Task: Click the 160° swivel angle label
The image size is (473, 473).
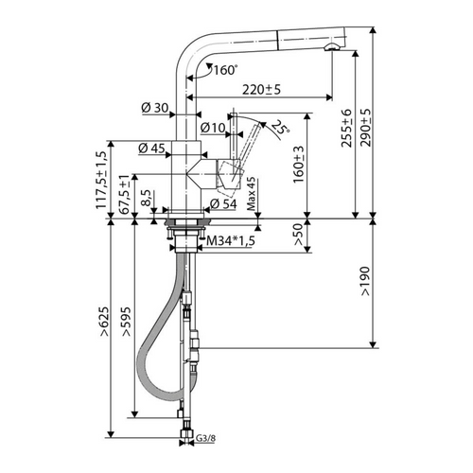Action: (225, 70)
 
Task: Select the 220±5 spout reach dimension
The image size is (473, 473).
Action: (261, 90)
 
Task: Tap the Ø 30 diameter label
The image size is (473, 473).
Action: (155, 108)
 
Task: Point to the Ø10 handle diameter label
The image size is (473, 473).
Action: (213, 128)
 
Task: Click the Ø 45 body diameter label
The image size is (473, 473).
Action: (151, 148)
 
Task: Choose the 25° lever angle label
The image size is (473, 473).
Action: (279, 128)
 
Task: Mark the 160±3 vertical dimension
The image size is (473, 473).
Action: (299, 165)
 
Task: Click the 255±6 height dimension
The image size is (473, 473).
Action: (346, 128)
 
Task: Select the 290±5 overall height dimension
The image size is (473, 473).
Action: (366, 128)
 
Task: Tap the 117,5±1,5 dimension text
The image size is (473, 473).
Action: (101, 180)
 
